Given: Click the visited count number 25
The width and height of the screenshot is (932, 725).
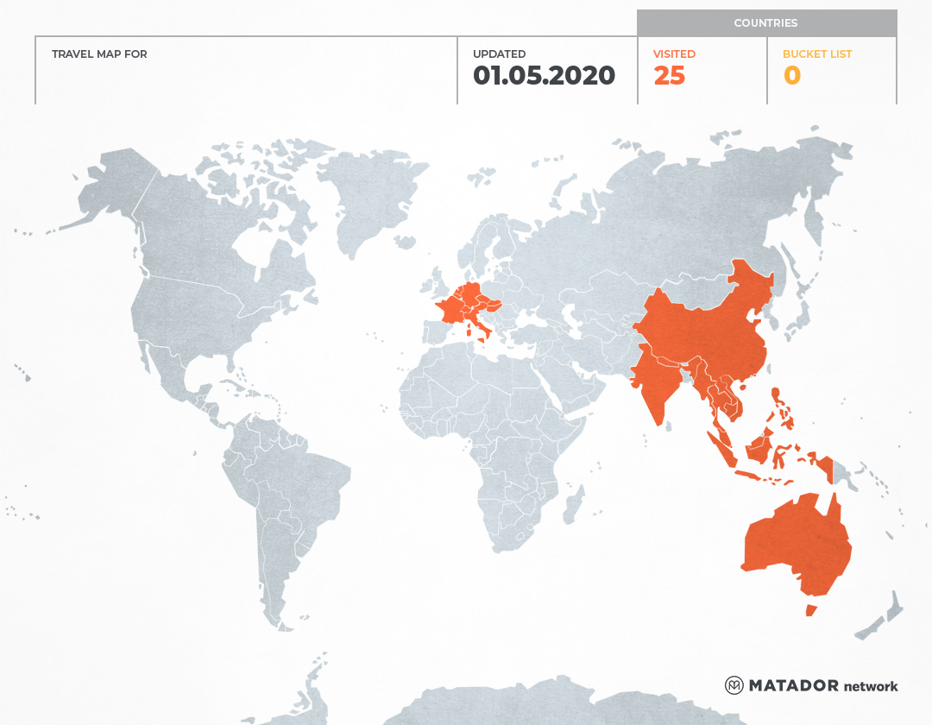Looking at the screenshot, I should [669, 76].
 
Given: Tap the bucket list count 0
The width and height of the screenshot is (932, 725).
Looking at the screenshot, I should [791, 76].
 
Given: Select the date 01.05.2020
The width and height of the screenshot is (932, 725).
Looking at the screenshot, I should [544, 76].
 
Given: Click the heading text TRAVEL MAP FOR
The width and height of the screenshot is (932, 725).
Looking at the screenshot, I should [99, 54].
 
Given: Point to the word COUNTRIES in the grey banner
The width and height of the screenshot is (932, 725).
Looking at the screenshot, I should [765, 23].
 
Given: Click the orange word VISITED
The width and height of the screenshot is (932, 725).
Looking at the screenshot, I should [674, 54].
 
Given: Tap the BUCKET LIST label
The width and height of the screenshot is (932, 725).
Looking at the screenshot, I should [816, 54].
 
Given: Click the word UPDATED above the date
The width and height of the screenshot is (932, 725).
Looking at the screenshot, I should [499, 54].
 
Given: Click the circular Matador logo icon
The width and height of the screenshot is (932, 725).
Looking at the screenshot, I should [734, 685].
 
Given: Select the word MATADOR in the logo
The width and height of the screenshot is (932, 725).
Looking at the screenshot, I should [793, 685].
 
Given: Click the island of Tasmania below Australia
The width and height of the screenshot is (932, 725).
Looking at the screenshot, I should [810, 610].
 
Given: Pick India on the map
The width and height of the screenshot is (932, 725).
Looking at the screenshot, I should [660, 380].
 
